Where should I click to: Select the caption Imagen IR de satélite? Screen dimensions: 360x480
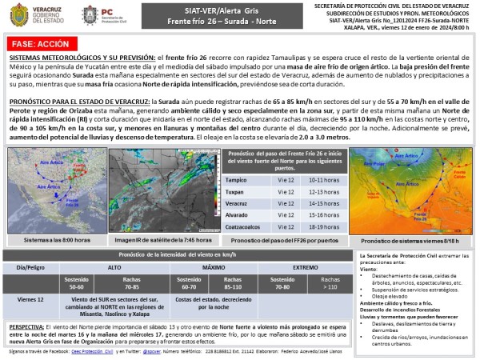point(162,240)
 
